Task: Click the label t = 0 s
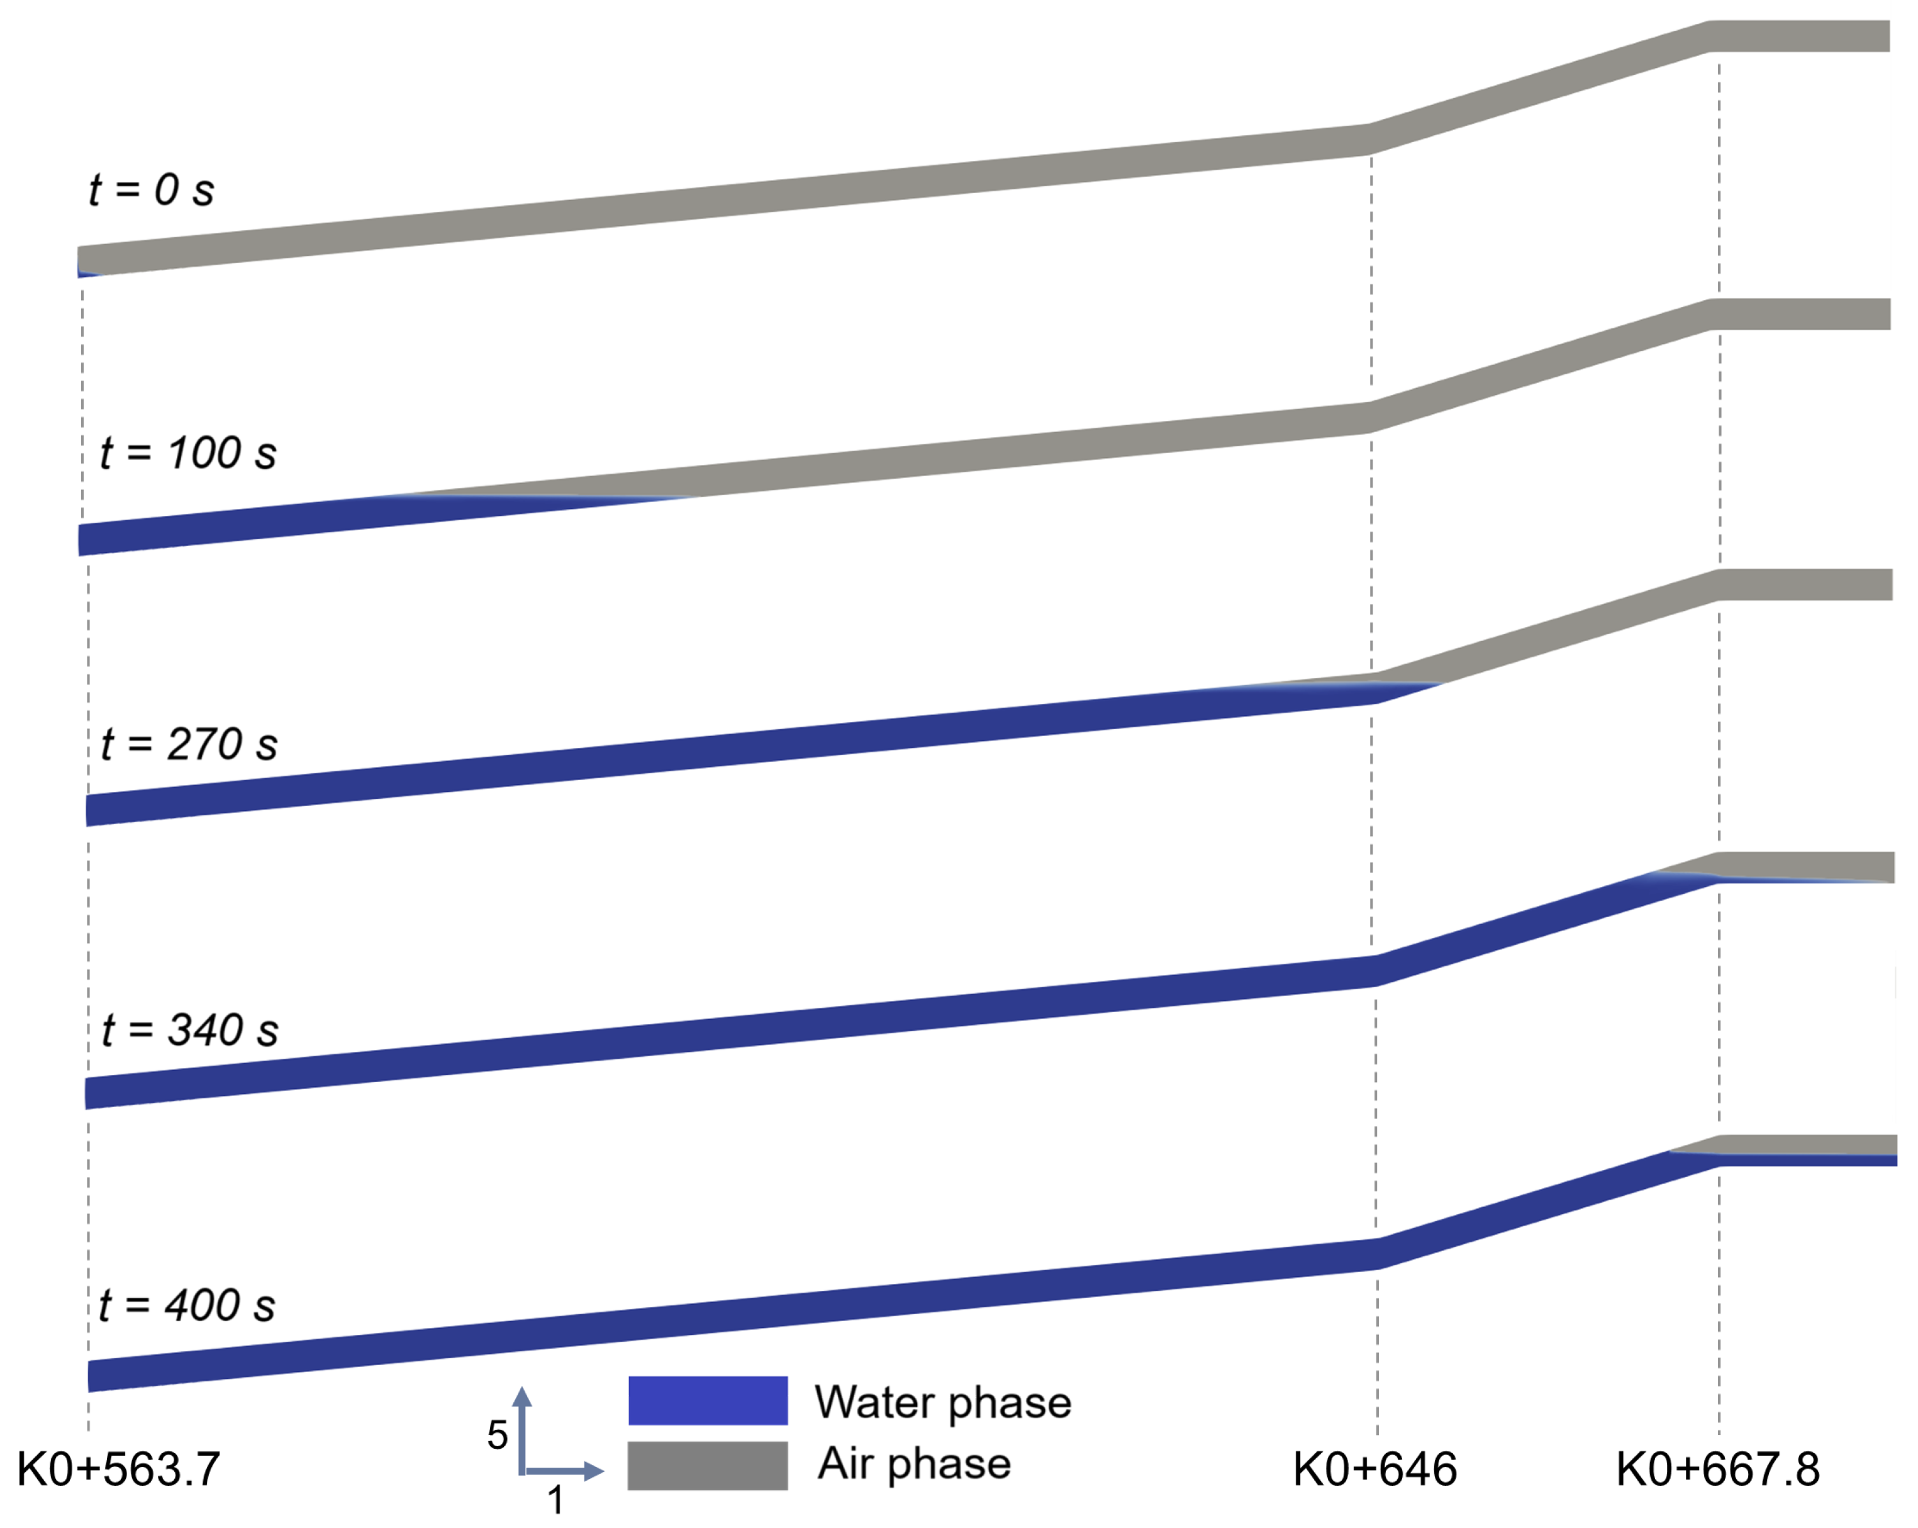pyautogui.click(x=151, y=189)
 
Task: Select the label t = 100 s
pyautogui.click(x=187, y=453)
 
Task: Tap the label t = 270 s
pyautogui.click(x=189, y=744)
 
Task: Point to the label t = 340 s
pyautogui.click(x=189, y=1029)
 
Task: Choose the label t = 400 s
pyautogui.click(x=187, y=1305)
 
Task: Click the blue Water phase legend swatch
pyautogui.click(x=707, y=1401)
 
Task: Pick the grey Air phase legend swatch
pyautogui.click(x=707, y=1465)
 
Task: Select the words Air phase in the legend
pyautogui.click(x=915, y=1464)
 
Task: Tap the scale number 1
pyautogui.click(x=555, y=1500)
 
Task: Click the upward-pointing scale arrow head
pyautogui.click(x=522, y=1397)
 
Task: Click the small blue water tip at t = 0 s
pyautogui.click(x=86, y=270)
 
